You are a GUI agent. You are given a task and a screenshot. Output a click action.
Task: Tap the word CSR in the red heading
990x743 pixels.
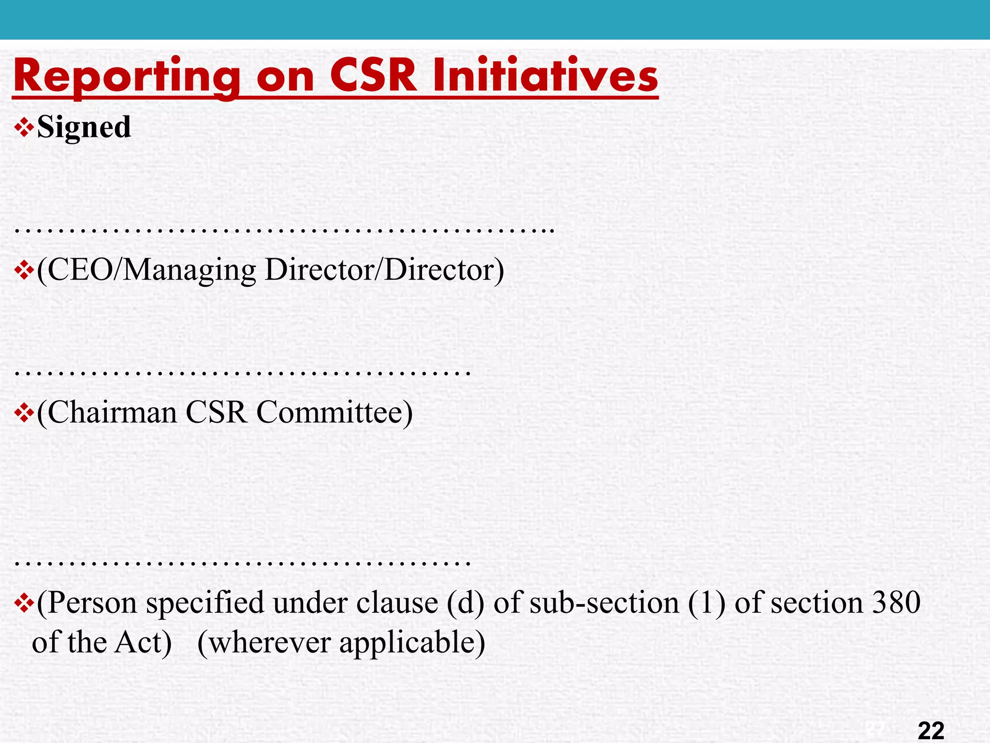click(373, 76)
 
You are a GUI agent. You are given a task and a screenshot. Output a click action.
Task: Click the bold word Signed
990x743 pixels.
click(84, 127)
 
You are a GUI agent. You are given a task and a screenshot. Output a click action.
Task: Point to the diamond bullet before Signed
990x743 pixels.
click(24, 128)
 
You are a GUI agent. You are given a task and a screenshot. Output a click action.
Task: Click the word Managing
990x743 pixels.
click(189, 270)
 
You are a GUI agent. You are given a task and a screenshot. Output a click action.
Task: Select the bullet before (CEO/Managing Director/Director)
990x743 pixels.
click(24, 271)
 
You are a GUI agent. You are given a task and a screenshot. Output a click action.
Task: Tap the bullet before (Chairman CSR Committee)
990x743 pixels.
click(24, 414)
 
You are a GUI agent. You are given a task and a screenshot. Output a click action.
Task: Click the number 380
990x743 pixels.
click(897, 603)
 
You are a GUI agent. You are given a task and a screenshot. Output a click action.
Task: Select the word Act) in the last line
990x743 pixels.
click(143, 643)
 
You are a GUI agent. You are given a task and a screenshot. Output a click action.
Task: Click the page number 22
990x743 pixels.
click(931, 730)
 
